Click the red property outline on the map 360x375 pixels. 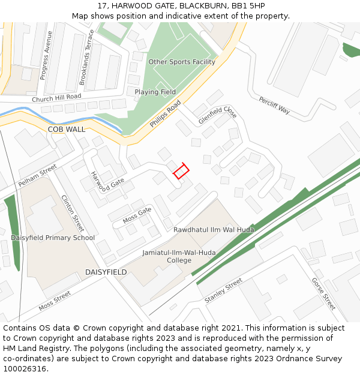(x=181, y=172)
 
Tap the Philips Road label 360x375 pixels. (x=165, y=114)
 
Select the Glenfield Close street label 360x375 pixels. (x=218, y=112)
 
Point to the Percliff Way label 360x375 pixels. (x=274, y=105)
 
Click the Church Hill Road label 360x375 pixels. (x=56, y=97)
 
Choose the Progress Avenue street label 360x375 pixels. (x=46, y=56)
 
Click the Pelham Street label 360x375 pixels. (x=37, y=175)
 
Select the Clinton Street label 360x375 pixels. (x=73, y=214)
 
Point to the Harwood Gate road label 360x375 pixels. (x=107, y=182)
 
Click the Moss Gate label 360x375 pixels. (x=137, y=215)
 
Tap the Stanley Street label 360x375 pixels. (x=223, y=290)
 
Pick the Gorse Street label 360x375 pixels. (x=323, y=293)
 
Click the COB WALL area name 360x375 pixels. (x=67, y=129)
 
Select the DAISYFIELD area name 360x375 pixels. (x=106, y=272)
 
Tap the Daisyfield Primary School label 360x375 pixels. (x=53, y=238)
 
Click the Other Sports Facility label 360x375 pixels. (x=182, y=62)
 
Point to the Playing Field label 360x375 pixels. (x=155, y=92)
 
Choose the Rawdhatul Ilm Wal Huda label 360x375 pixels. (x=214, y=230)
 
